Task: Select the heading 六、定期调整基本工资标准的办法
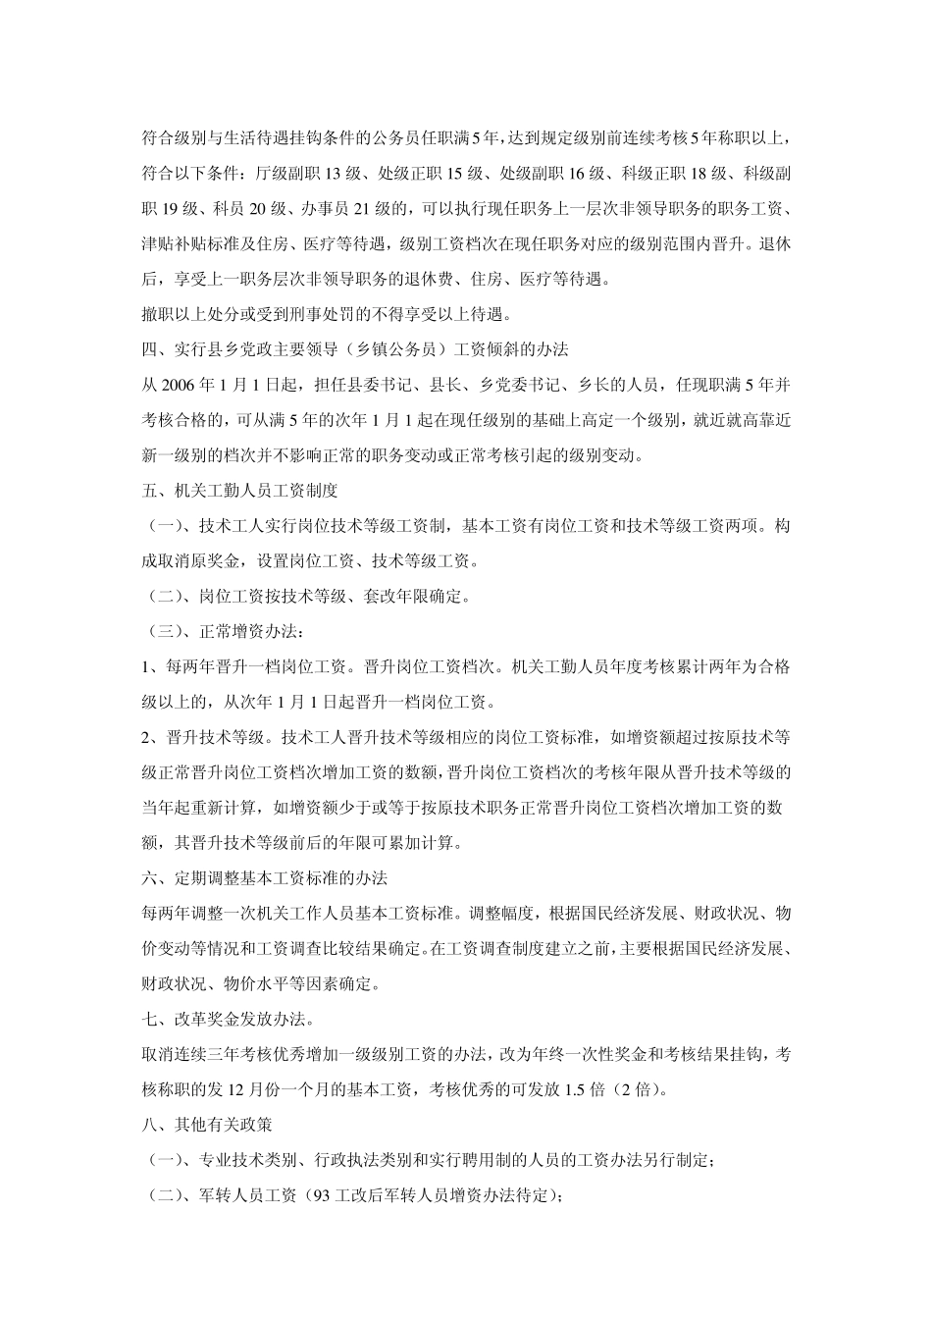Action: pyautogui.click(x=272, y=877)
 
